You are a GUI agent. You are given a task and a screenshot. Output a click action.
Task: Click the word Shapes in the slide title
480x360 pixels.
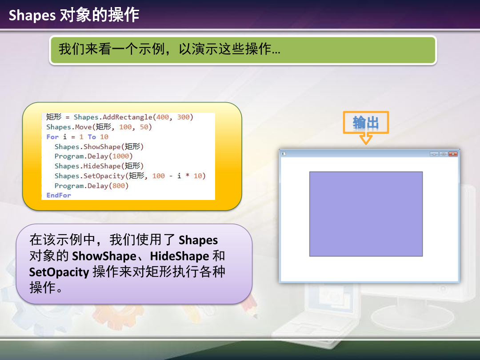32,15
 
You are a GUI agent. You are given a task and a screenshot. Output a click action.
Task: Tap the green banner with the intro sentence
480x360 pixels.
243,50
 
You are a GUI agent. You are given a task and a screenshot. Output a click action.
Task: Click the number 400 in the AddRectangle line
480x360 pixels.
163,117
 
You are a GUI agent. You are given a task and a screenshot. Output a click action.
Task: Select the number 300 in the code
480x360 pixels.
184,117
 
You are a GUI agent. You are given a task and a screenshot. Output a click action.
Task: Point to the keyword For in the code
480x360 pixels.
52,137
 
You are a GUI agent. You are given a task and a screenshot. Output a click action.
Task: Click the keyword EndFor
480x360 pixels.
59,195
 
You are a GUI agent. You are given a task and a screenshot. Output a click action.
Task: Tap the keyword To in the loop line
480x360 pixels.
92,137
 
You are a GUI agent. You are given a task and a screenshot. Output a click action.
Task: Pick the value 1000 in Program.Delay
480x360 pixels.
120,156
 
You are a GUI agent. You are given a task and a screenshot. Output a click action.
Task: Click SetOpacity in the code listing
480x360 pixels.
104,176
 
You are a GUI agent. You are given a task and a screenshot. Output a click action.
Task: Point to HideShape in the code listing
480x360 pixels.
102,166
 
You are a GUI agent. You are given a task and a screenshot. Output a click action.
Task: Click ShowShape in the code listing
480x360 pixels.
102,147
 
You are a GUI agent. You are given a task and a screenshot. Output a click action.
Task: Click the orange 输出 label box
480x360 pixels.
366,123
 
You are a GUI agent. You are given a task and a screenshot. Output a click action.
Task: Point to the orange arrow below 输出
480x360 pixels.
366,139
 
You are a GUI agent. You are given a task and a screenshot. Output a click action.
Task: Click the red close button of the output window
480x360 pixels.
453,154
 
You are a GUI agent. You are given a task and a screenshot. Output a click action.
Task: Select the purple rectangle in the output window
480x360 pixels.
366,214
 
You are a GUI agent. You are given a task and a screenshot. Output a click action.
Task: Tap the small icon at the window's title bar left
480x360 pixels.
284,154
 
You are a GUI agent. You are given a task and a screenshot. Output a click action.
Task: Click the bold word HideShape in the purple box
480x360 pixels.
180,256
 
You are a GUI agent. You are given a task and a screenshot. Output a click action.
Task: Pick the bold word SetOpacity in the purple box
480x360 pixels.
59,272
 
